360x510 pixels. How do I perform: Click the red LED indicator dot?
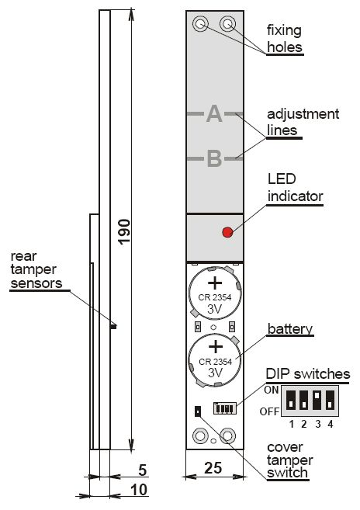(227, 232)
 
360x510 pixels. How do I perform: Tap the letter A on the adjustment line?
(214, 113)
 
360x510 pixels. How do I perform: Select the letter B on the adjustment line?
(214, 158)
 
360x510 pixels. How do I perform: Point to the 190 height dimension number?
(124, 231)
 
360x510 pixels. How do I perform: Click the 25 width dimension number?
(213, 468)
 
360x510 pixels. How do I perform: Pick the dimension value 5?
(143, 470)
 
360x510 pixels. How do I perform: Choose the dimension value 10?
(139, 490)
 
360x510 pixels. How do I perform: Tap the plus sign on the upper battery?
(215, 283)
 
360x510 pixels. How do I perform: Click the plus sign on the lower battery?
(215, 347)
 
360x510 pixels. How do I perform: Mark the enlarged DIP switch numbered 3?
(317, 400)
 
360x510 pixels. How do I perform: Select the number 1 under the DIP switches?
(292, 424)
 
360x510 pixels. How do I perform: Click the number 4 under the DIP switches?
(331, 424)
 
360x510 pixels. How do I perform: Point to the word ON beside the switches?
(272, 390)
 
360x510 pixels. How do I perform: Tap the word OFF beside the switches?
(269, 411)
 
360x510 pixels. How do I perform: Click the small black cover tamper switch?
(198, 411)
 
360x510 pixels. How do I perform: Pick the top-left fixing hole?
(200, 24)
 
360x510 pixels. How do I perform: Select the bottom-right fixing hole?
(227, 435)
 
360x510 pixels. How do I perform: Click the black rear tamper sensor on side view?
(113, 327)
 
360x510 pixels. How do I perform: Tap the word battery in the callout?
(289, 329)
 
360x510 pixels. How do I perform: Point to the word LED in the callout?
(282, 179)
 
